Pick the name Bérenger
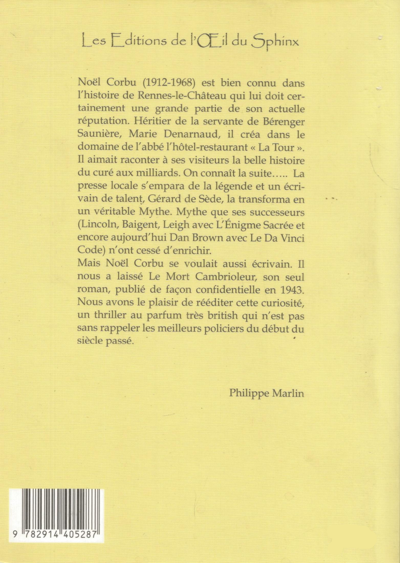(x=284, y=122)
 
